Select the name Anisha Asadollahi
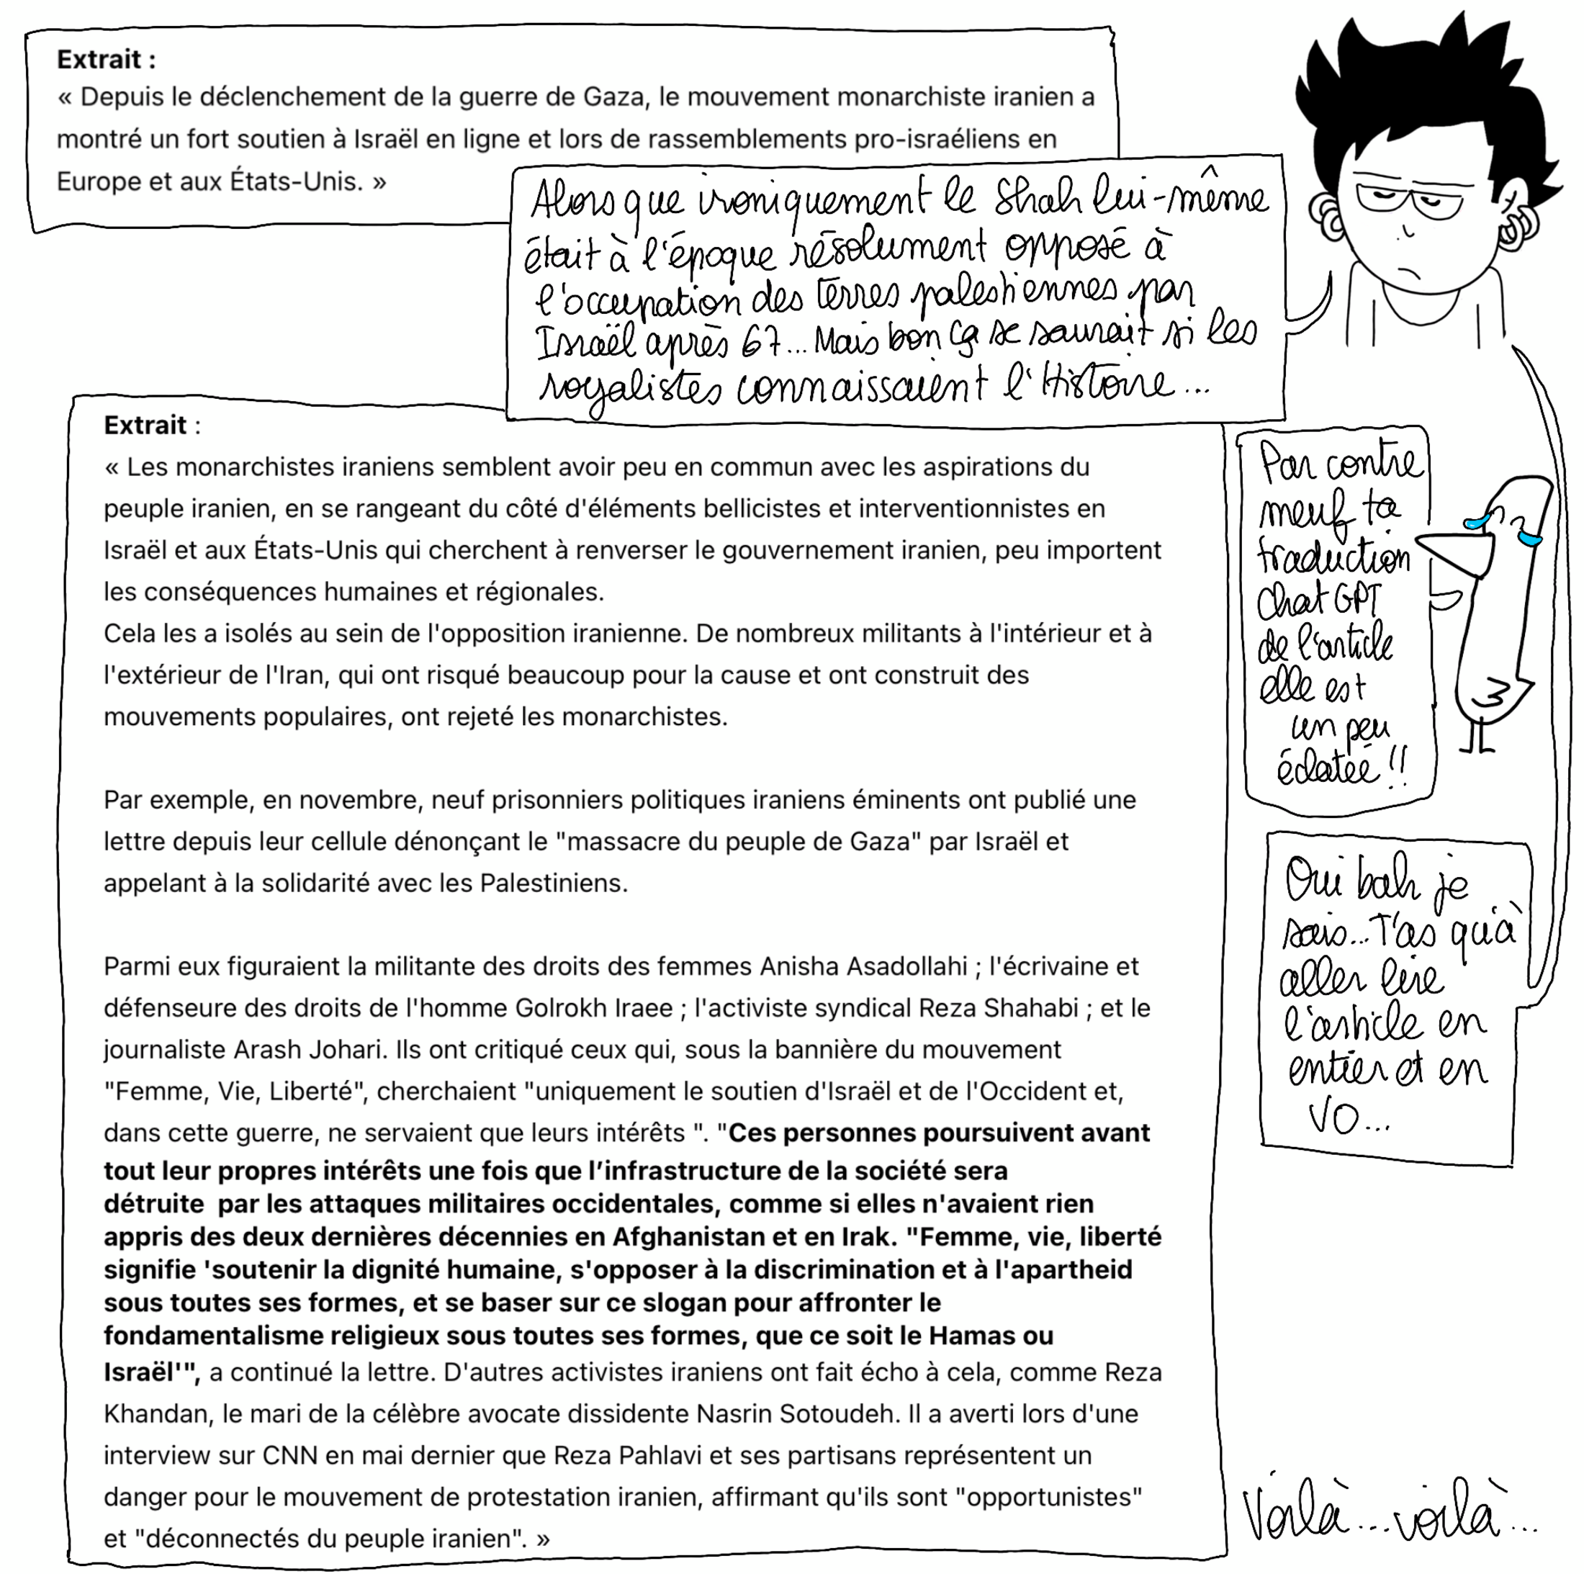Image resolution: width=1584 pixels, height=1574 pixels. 863,967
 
